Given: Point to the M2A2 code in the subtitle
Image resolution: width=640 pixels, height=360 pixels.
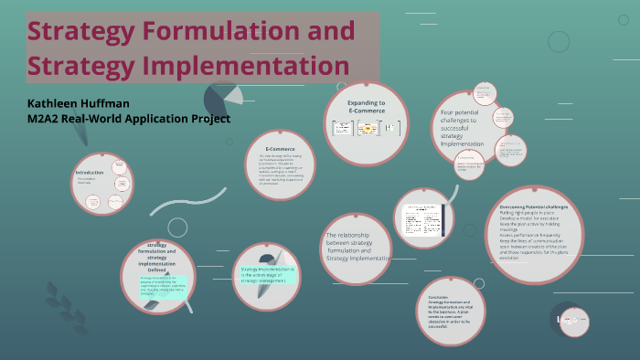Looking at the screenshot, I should pyautogui.click(x=49, y=119).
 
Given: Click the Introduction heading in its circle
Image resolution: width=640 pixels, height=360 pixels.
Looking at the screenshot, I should pyautogui.click(x=90, y=173).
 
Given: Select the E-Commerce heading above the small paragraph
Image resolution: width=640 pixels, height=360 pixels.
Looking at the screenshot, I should pyautogui.click(x=280, y=148).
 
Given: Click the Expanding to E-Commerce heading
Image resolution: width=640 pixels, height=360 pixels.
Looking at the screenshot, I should pyautogui.click(x=366, y=108).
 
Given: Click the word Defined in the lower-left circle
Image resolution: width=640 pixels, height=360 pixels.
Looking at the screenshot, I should pyautogui.click(x=156, y=270).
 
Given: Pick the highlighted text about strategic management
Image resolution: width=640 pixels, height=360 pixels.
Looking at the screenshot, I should pyautogui.click(x=268, y=274).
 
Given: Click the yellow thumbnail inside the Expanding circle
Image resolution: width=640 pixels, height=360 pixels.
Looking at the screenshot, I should pyautogui.click(x=368, y=129).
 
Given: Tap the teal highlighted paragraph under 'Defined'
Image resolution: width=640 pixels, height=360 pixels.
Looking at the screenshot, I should pyautogui.click(x=163, y=284).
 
